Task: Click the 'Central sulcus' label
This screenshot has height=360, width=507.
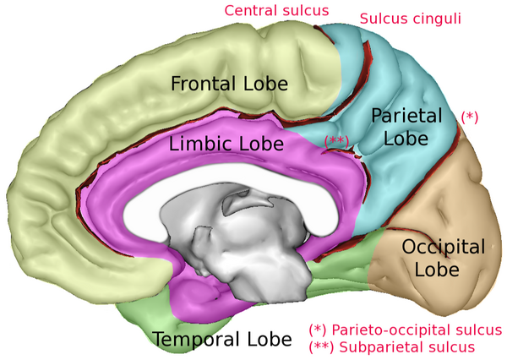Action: click(x=275, y=11)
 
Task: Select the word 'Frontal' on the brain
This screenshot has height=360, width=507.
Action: click(x=201, y=84)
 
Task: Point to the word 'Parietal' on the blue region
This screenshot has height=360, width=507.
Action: click(x=406, y=116)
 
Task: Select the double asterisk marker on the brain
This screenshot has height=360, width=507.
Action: click(x=336, y=140)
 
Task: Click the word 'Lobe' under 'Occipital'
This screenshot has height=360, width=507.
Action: click(x=442, y=270)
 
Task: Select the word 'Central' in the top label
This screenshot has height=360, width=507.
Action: click(x=251, y=11)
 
